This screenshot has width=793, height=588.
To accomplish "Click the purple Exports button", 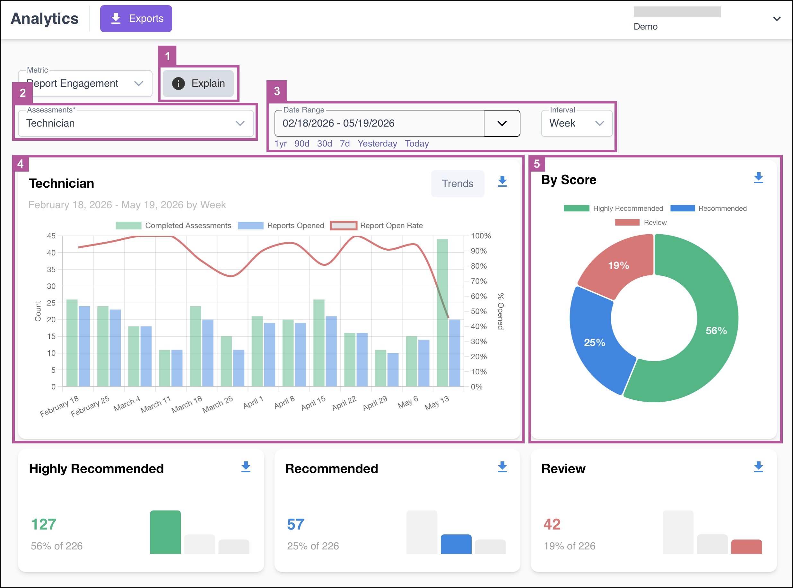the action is click(x=136, y=19).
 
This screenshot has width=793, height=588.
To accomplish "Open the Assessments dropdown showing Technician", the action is click(x=136, y=123).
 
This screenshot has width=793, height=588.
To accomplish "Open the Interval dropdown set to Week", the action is click(x=576, y=123).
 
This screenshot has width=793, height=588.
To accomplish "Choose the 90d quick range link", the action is click(x=301, y=143).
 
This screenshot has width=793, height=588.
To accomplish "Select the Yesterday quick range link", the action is click(x=377, y=143).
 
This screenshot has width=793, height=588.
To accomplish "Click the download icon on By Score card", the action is click(x=759, y=178).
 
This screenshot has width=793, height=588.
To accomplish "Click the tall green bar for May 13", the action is click(x=442, y=313).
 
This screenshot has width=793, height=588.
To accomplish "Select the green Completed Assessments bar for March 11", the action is click(x=165, y=368).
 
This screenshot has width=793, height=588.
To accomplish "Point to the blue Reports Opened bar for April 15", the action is click(x=331, y=351).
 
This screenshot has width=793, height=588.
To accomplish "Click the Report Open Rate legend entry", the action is click(x=377, y=225).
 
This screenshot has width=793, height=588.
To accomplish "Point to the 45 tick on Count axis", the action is click(x=51, y=236).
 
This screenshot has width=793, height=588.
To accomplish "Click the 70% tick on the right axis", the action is click(x=479, y=281).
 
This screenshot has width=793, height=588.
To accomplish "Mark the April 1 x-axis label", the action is click(x=253, y=402).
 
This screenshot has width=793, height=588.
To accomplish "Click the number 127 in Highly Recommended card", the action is click(x=43, y=524).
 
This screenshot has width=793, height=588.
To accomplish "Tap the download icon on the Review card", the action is click(x=759, y=467).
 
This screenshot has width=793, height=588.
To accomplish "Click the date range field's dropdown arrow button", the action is click(x=502, y=123).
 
